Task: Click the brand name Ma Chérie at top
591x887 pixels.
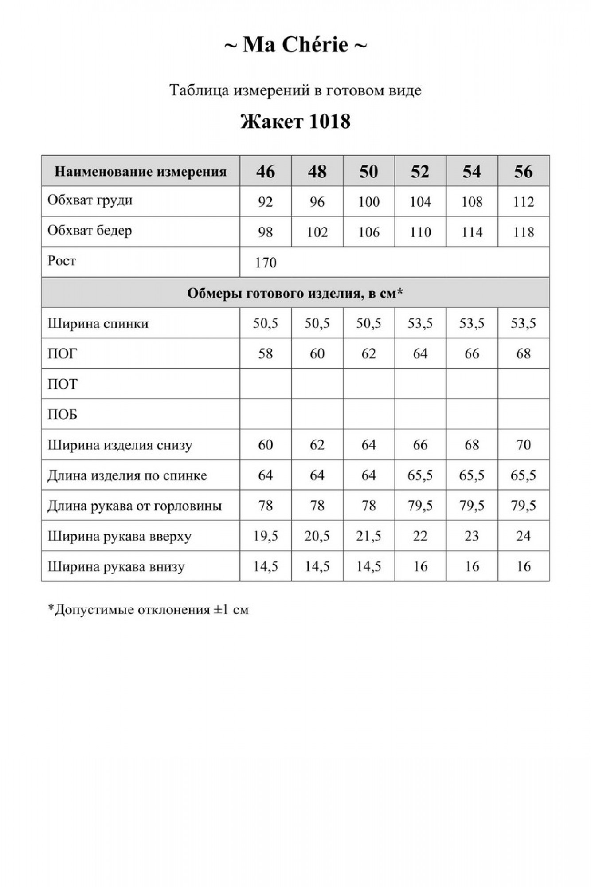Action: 295,45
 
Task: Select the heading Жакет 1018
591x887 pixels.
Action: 295,121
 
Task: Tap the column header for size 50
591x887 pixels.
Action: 368,172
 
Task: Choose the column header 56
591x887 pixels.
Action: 523,172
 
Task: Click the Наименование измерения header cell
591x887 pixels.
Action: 141,172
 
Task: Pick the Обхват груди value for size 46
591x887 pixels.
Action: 265,202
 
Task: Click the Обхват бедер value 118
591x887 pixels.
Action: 523,232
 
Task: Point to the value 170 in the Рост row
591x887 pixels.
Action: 266,263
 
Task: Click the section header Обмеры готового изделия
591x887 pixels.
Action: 295,293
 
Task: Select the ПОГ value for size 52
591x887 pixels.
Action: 420,354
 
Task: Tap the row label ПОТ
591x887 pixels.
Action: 63,384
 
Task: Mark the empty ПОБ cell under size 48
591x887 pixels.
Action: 317,414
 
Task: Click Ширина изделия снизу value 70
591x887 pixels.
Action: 523,445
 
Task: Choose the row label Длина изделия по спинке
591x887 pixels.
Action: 127,475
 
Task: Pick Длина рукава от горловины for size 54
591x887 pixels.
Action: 472,506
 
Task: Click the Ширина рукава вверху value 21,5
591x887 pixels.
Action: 368,536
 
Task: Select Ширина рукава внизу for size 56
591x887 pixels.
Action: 523,566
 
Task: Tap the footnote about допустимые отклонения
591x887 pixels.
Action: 148,610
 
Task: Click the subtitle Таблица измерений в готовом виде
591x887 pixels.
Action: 295,90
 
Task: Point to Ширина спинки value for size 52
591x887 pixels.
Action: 420,323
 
